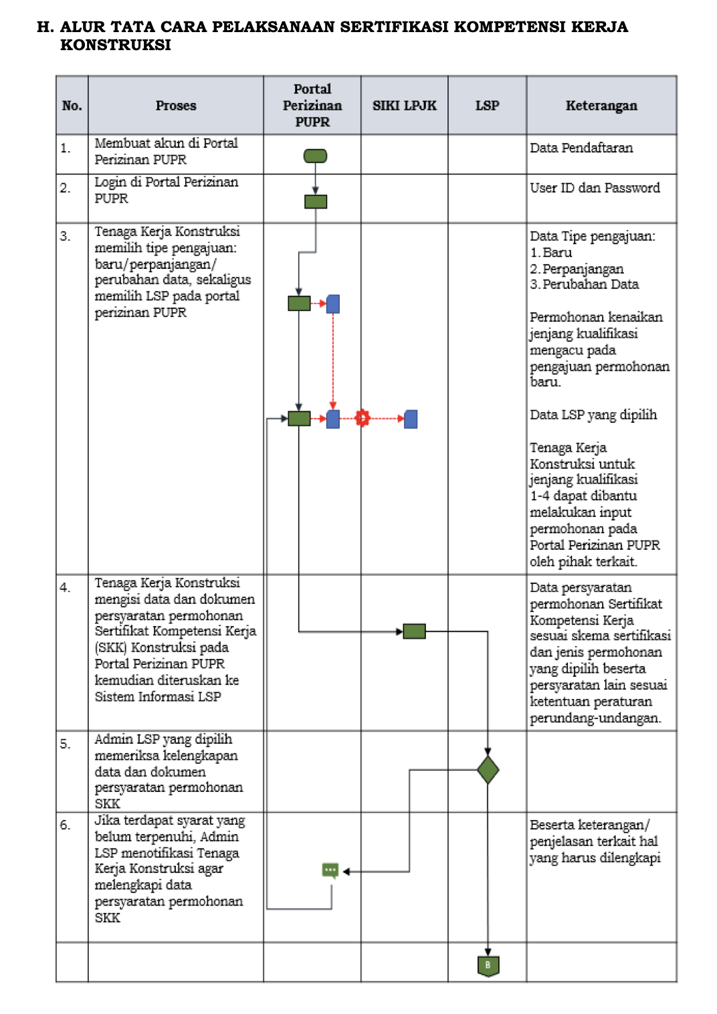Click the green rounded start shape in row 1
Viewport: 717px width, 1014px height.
(315, 156)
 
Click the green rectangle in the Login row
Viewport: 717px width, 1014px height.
(316, 201)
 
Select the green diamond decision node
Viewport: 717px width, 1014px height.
(488, 770)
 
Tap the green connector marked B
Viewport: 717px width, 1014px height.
(488, 965)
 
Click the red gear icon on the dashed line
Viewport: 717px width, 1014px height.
(363, 419)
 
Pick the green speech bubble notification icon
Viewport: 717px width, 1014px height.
(330, 870)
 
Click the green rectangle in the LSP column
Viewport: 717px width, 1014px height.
(415, 631)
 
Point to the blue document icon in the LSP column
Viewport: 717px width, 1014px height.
(411, 419)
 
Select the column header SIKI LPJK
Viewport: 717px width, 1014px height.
(404, 106)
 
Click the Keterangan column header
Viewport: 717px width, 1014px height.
(601, 106)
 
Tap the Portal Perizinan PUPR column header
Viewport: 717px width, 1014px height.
(312, 106)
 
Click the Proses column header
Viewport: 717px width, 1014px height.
(176, 106)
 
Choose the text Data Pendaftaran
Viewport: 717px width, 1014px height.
(581, 148)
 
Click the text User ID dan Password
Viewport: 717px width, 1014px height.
(595, 188)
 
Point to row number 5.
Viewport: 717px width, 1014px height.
(65, 744)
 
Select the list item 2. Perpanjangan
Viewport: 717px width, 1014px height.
(577, 269)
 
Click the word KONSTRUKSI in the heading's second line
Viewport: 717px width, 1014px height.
(116, 45)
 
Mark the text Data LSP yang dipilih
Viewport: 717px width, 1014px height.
(593, 415)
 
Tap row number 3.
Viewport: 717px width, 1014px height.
(65, 236)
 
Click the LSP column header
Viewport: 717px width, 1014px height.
(487, 106)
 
